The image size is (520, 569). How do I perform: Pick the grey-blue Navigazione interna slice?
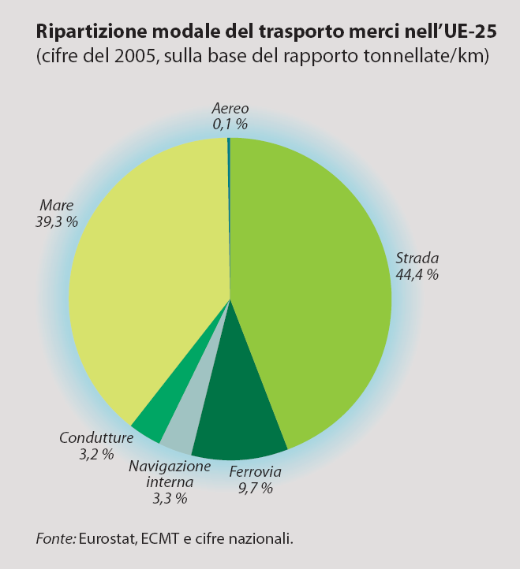click(x=178, y=437)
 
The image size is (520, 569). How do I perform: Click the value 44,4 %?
click(x=417, y=275)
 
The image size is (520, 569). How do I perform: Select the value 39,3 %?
click(x=56, y=222)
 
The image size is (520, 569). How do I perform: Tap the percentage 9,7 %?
click(x=255, y=489)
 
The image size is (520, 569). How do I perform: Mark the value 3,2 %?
click(x=96, y=454)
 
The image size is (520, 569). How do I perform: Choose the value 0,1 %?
click(x=230, y=124)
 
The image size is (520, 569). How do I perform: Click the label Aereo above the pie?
click(x=230, y=109)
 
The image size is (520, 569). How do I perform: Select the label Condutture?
click(x=96, y=437)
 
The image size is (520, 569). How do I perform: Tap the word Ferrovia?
click(x=255, y=473)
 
